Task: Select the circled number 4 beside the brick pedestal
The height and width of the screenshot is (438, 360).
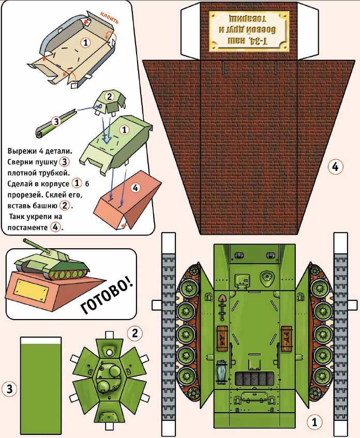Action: pos(335,167)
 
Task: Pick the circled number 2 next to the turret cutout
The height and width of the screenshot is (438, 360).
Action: pos(134,333)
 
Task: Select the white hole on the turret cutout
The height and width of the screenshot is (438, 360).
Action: pos(110,352)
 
